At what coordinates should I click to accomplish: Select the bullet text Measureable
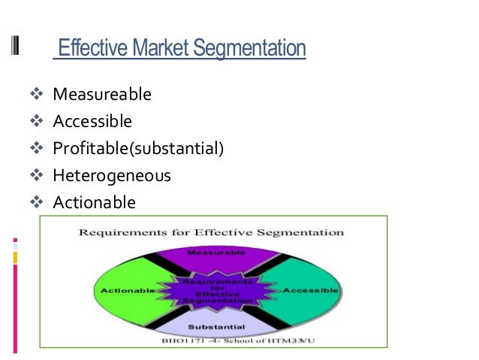click(x=102, y=95)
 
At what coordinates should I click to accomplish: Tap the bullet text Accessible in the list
click(x=92, y=121)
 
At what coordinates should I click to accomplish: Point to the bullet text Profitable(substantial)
click(x=138, y=148)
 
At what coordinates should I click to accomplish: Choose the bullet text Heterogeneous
click(x=112, y=176)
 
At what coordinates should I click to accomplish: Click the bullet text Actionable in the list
click(x=95, y=202)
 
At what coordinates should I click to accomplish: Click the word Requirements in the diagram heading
click(x=126, y=232)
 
